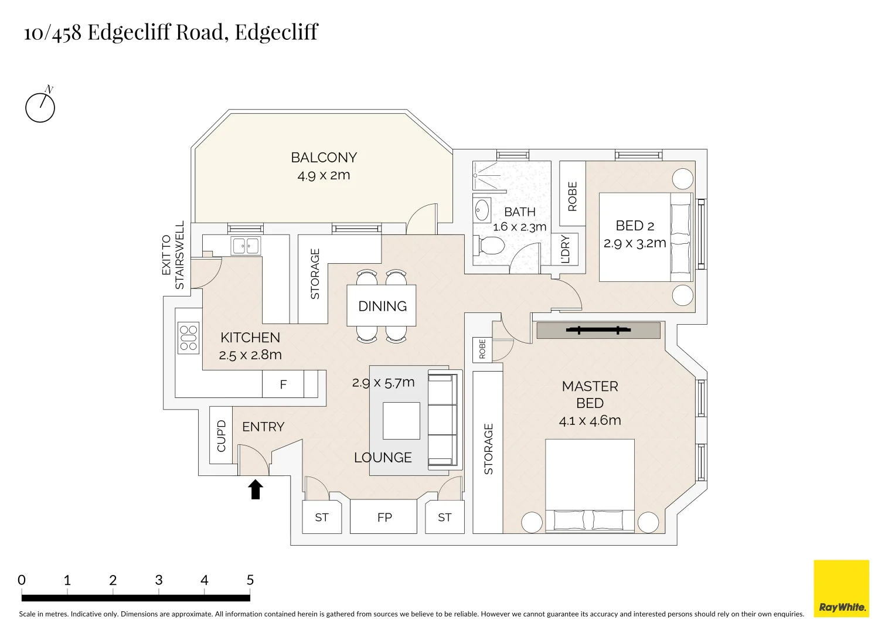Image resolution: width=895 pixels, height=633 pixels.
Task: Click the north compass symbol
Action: pyautogui.click(x=40, y=107)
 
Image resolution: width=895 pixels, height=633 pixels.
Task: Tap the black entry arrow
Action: pyautogui.click(x=255, y=489)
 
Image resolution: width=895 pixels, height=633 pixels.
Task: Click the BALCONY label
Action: pyautogui.click(x=324, y=158)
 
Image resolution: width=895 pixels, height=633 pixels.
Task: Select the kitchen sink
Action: pyautogui.click(x=246, y=246)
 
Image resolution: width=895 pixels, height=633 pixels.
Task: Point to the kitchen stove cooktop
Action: pyautogui.click(x=188, y=338)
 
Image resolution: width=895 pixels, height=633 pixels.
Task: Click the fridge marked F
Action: pyautogui.click(x=283, y=385)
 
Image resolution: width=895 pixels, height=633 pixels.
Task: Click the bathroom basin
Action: pyautogui.click(x=482, y=210)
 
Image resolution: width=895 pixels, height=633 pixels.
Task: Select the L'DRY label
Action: pyautogui.click(x=565, y=250)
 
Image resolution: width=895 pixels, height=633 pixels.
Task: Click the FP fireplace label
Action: pyautogui.click(x=384, y=518)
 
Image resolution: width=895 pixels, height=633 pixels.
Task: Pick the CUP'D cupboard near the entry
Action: pyautogui.click(x=221, y=435)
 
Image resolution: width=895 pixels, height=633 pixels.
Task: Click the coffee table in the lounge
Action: pyautogui.click(x=401, y=421)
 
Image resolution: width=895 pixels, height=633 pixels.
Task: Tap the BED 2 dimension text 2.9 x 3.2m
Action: pyautogui.click(x=635, y=243)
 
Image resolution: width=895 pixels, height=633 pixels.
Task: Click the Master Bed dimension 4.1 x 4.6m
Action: pyautogui.click(x=590, y=420)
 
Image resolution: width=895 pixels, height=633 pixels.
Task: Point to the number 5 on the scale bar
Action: pyautogui.click(x=250, y=580)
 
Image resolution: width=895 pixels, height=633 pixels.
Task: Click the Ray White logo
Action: pyautogui.click(x=841, y=588)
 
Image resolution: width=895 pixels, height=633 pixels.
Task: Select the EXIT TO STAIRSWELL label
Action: pyautogui.click(x=173, y=256)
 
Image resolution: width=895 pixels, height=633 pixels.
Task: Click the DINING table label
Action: pyautogui.click(x=382, y=306)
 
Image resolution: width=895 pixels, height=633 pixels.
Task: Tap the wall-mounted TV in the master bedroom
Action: pyautogui.click(x=598, y=331)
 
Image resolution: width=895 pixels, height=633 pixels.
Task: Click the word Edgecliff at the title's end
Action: pyautogui.click(x=276, y=32)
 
